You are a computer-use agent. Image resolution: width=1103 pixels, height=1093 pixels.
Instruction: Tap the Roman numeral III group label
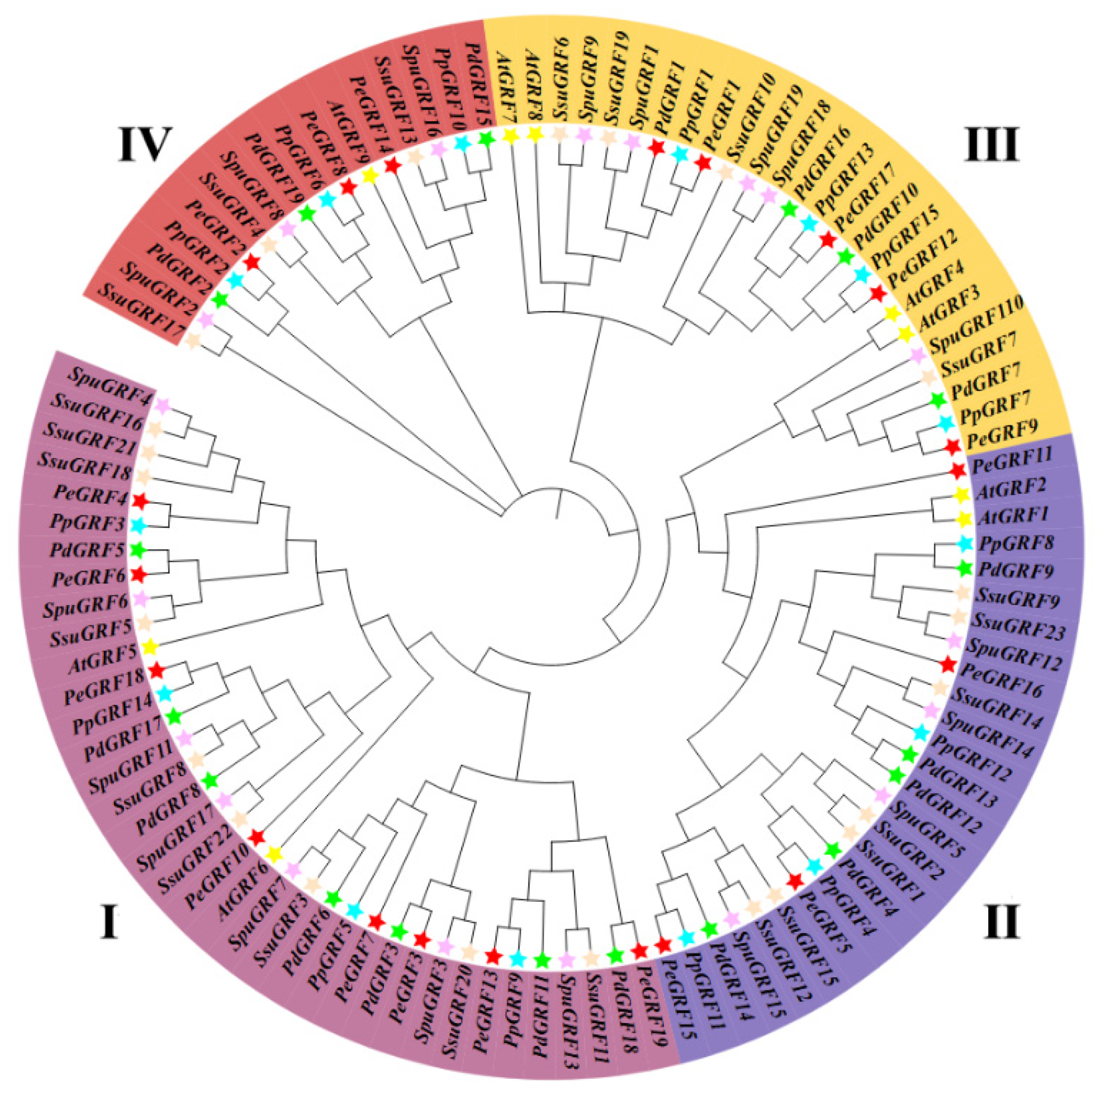(x=991, y=145)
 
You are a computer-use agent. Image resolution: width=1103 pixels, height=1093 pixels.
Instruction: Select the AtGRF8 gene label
(x=535, y=86)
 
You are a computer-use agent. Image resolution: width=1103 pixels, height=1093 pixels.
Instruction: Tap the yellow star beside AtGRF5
(x=150, y=647)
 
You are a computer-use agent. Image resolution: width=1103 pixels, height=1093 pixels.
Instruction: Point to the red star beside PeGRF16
(x=948, y=664)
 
